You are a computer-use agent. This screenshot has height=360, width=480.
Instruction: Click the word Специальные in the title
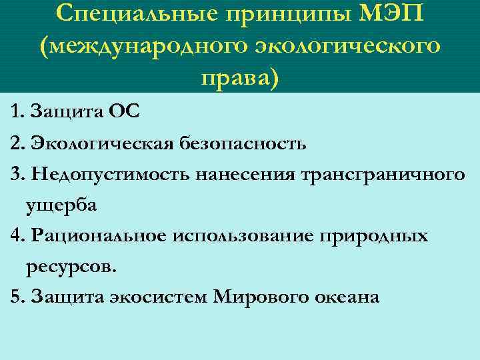[x=133, y=14]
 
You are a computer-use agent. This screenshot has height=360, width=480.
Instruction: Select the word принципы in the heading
[x=285, y=15]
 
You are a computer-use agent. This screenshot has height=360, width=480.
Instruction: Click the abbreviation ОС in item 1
[x=125, y=111]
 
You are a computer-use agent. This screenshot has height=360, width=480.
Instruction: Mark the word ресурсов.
[x=71, y=267]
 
